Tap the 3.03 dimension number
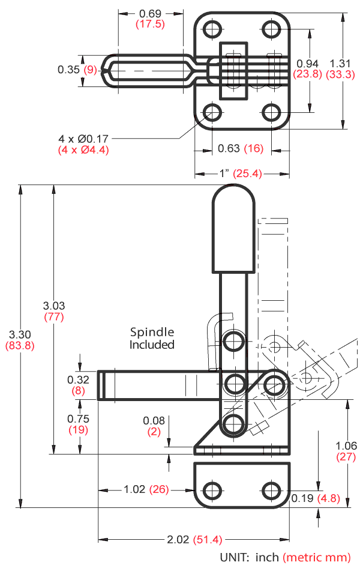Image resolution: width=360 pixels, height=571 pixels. [x=54, y=305]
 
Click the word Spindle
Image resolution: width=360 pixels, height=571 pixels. [x=152, y=332]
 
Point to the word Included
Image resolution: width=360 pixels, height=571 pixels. [x=152, y=345]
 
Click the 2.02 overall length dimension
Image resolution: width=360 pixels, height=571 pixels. [x=179, y=539]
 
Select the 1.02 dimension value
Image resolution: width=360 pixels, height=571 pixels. [x=134, y=489]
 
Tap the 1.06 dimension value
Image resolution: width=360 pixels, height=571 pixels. [x=347, y=446]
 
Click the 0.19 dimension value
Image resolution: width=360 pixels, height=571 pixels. [x=302, y=498]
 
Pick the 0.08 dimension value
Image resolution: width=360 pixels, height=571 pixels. [x=153, y=420]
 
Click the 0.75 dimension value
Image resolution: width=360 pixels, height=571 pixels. [x=78, y=418]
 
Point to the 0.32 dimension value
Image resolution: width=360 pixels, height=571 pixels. [x=78, y=379]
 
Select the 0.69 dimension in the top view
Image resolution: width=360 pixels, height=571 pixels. [x=150, y=13]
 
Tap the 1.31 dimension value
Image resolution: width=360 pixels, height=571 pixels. [x=338, y=63]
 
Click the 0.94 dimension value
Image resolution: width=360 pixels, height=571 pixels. [x=308, y=63]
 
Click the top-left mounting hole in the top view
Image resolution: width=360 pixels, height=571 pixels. [x=211, y=29]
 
